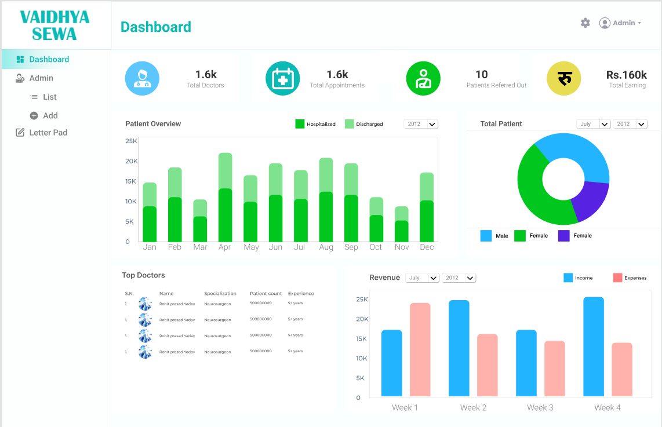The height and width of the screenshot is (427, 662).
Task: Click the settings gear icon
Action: point(585,23)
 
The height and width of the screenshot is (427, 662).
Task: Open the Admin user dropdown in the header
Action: point(620,23)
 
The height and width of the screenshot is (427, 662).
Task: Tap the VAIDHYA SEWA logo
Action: point(54,25)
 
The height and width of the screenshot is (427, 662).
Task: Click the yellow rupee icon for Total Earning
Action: point(564,78)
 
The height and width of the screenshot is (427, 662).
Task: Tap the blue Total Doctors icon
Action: point(142,78)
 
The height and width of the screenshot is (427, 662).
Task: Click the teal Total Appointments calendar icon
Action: point(282,78)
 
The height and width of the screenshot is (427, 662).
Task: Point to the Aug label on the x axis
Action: point(326,247)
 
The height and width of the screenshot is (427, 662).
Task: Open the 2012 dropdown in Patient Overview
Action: point(421,124)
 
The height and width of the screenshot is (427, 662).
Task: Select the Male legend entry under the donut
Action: point(494,236)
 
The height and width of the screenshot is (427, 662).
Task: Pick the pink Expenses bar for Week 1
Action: point(420,349)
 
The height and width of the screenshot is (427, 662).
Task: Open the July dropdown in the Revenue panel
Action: point(422,278)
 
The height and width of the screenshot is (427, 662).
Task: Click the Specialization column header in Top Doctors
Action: point(220,294)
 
